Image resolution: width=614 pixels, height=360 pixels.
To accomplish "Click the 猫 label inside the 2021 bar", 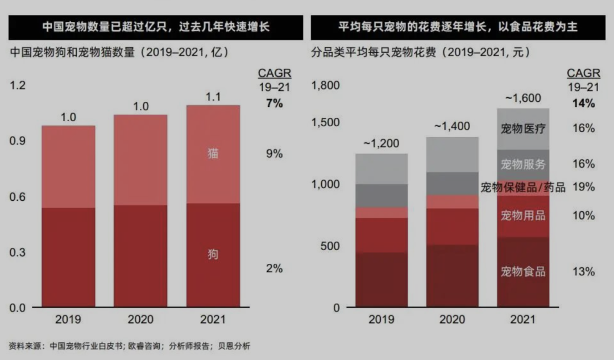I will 212,154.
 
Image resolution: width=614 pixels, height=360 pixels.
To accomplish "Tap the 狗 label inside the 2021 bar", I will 212,254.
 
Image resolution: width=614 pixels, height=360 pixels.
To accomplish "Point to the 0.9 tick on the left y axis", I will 18,141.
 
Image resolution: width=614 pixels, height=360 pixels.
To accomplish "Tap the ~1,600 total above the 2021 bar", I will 522,98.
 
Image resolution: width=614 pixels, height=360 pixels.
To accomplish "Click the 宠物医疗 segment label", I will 522,129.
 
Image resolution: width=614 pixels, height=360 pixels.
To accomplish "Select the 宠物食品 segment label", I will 522,271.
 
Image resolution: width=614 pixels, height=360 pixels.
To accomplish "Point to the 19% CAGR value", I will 583,187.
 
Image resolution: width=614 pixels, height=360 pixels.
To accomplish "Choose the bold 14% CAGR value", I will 583,104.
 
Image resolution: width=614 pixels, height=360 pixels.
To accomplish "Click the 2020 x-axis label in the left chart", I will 140,320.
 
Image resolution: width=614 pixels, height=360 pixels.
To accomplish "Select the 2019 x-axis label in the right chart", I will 381,320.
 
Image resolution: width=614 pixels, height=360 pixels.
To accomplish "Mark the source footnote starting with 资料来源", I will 130,346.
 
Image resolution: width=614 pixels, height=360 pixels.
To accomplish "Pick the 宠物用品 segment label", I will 522,216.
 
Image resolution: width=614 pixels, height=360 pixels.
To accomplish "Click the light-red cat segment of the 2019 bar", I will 68,167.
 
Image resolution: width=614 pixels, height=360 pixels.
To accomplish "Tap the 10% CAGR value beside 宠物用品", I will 583,216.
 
